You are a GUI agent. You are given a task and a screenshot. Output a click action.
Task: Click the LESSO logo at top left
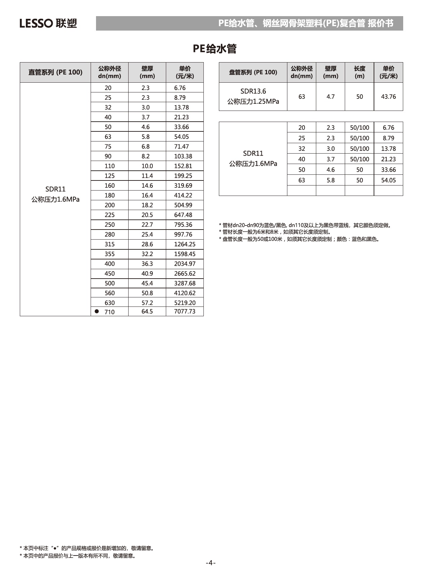(x=48, y=23)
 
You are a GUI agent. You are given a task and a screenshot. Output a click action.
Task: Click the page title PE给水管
(x=215, y=49)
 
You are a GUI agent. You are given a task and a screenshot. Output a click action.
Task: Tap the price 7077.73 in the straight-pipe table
(x=185, y=311)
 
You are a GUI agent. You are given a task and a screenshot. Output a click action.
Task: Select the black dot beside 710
(x=97, y=311)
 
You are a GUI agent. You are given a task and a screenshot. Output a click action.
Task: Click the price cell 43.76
(x=388, y=97)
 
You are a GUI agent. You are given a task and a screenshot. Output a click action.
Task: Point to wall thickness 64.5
(x=147, y=311)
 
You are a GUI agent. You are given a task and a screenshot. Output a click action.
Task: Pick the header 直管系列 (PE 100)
(x=55, y=72)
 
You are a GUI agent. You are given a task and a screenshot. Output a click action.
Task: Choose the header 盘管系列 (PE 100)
(x=253, y=72)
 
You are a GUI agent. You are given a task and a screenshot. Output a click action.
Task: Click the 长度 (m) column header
(x=360, y=72)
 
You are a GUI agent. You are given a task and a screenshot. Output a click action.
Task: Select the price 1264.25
(x=185, y=244)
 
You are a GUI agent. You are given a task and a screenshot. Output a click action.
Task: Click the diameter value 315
(x=109, y=244)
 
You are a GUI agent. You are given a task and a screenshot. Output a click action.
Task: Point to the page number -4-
(x=210, y=563)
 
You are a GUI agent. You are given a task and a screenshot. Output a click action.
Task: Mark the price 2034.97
(x=185, y=264)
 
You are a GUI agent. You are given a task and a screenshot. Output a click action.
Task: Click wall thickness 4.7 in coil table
(x=331, y=97)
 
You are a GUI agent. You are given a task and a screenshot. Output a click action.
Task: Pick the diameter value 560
(x=109, y=293)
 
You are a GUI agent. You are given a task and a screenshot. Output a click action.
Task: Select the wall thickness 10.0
(x=147, y=166)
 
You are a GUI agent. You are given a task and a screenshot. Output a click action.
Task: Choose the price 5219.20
(x=185, y=303)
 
